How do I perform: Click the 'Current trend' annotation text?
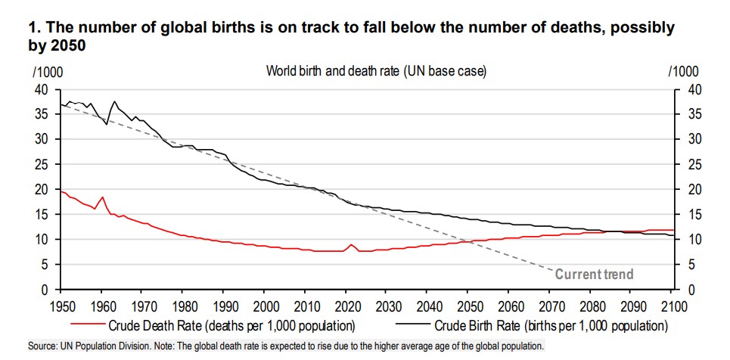pyautogui.click(x=594, y=274)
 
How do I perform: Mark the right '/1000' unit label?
pyautogui.click(x=685, y=72)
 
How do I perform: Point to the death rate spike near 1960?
pyautogui.click(x=102, y=197)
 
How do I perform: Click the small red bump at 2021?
pyautogui.click(x=350, y=245)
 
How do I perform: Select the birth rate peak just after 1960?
pyautogui.click(x=114, y=101)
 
